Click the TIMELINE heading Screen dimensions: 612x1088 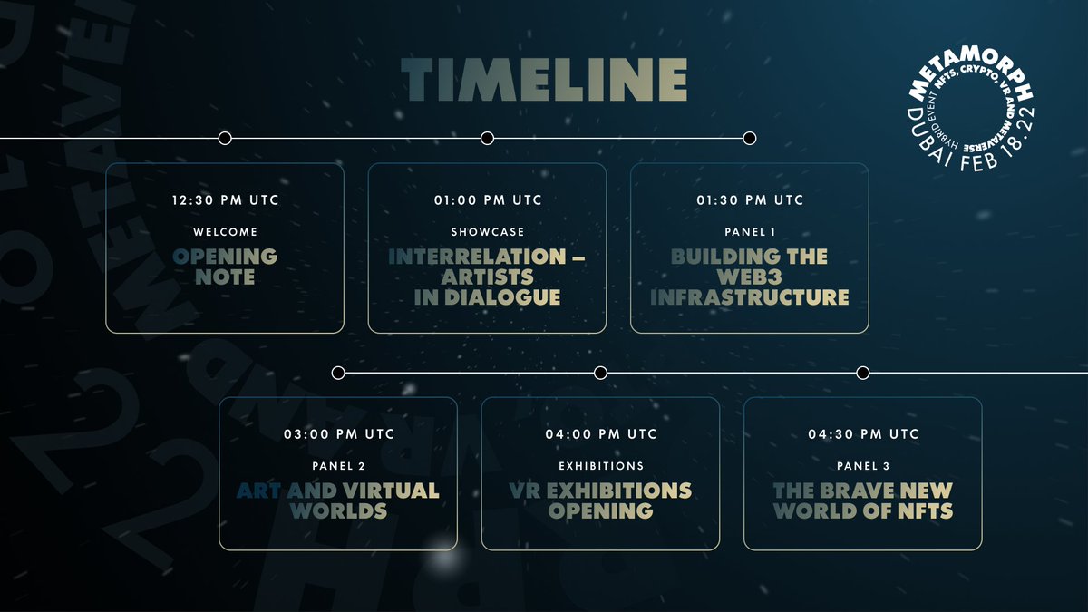(x=544, y=81)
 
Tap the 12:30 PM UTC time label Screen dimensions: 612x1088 (x=225, y=199)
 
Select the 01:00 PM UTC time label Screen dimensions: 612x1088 (x=487, y=199)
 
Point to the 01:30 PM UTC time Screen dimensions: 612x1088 (x=749, y=199)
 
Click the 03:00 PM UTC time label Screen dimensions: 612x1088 (x=338, y=434)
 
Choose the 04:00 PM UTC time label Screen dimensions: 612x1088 (x=600, y=434)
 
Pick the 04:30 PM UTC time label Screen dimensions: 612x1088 (x=862, y=434)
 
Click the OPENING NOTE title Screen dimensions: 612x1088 (x=225, y=267)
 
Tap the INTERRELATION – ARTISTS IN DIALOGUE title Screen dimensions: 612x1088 (x=487, y=277)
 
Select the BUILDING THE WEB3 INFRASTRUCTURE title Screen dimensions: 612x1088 (x=749, y=277)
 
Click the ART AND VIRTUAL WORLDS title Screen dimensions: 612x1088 (x=338, y=500)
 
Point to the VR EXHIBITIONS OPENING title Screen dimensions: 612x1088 (x=600, y=500)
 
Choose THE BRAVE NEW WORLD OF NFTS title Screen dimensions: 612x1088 (x=862, y=500)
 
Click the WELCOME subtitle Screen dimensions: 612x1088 (x=225, y=232)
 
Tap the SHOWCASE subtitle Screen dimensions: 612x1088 (x=487, y=232)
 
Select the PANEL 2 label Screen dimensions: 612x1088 (x=338, y=466)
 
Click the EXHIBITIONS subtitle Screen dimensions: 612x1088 (x=600, y=466)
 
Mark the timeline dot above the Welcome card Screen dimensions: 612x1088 (x=225, y=138)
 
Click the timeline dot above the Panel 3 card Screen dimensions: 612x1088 (x=862, y=373)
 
